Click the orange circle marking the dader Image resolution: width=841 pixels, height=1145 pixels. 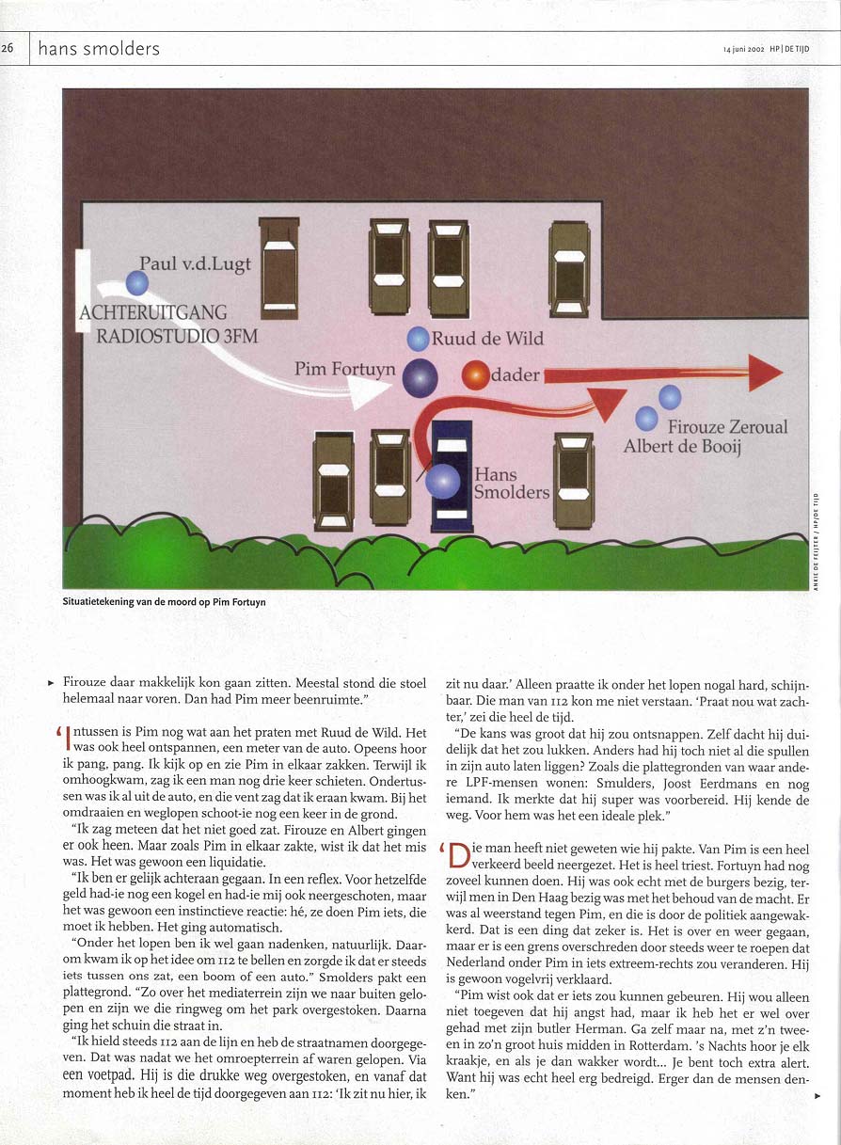(477, 375)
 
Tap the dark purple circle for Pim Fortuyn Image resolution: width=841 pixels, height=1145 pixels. (420, 377)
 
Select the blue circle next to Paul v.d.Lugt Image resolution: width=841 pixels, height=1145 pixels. (137, 281)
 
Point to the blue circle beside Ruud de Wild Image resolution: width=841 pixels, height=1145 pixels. (418, 339)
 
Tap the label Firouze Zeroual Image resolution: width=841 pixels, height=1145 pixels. (728, 427)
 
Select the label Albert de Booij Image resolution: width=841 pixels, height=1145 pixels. (682, 447)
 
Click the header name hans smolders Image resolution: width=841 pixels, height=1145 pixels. (99, 49)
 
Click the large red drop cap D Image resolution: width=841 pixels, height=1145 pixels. (459, 856)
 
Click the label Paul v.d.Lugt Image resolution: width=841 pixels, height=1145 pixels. (195, 263)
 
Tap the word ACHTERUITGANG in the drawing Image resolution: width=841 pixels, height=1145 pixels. (153, 311)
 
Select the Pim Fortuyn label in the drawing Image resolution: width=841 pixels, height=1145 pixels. (344, 369)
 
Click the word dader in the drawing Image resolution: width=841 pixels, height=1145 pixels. (516, 376)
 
